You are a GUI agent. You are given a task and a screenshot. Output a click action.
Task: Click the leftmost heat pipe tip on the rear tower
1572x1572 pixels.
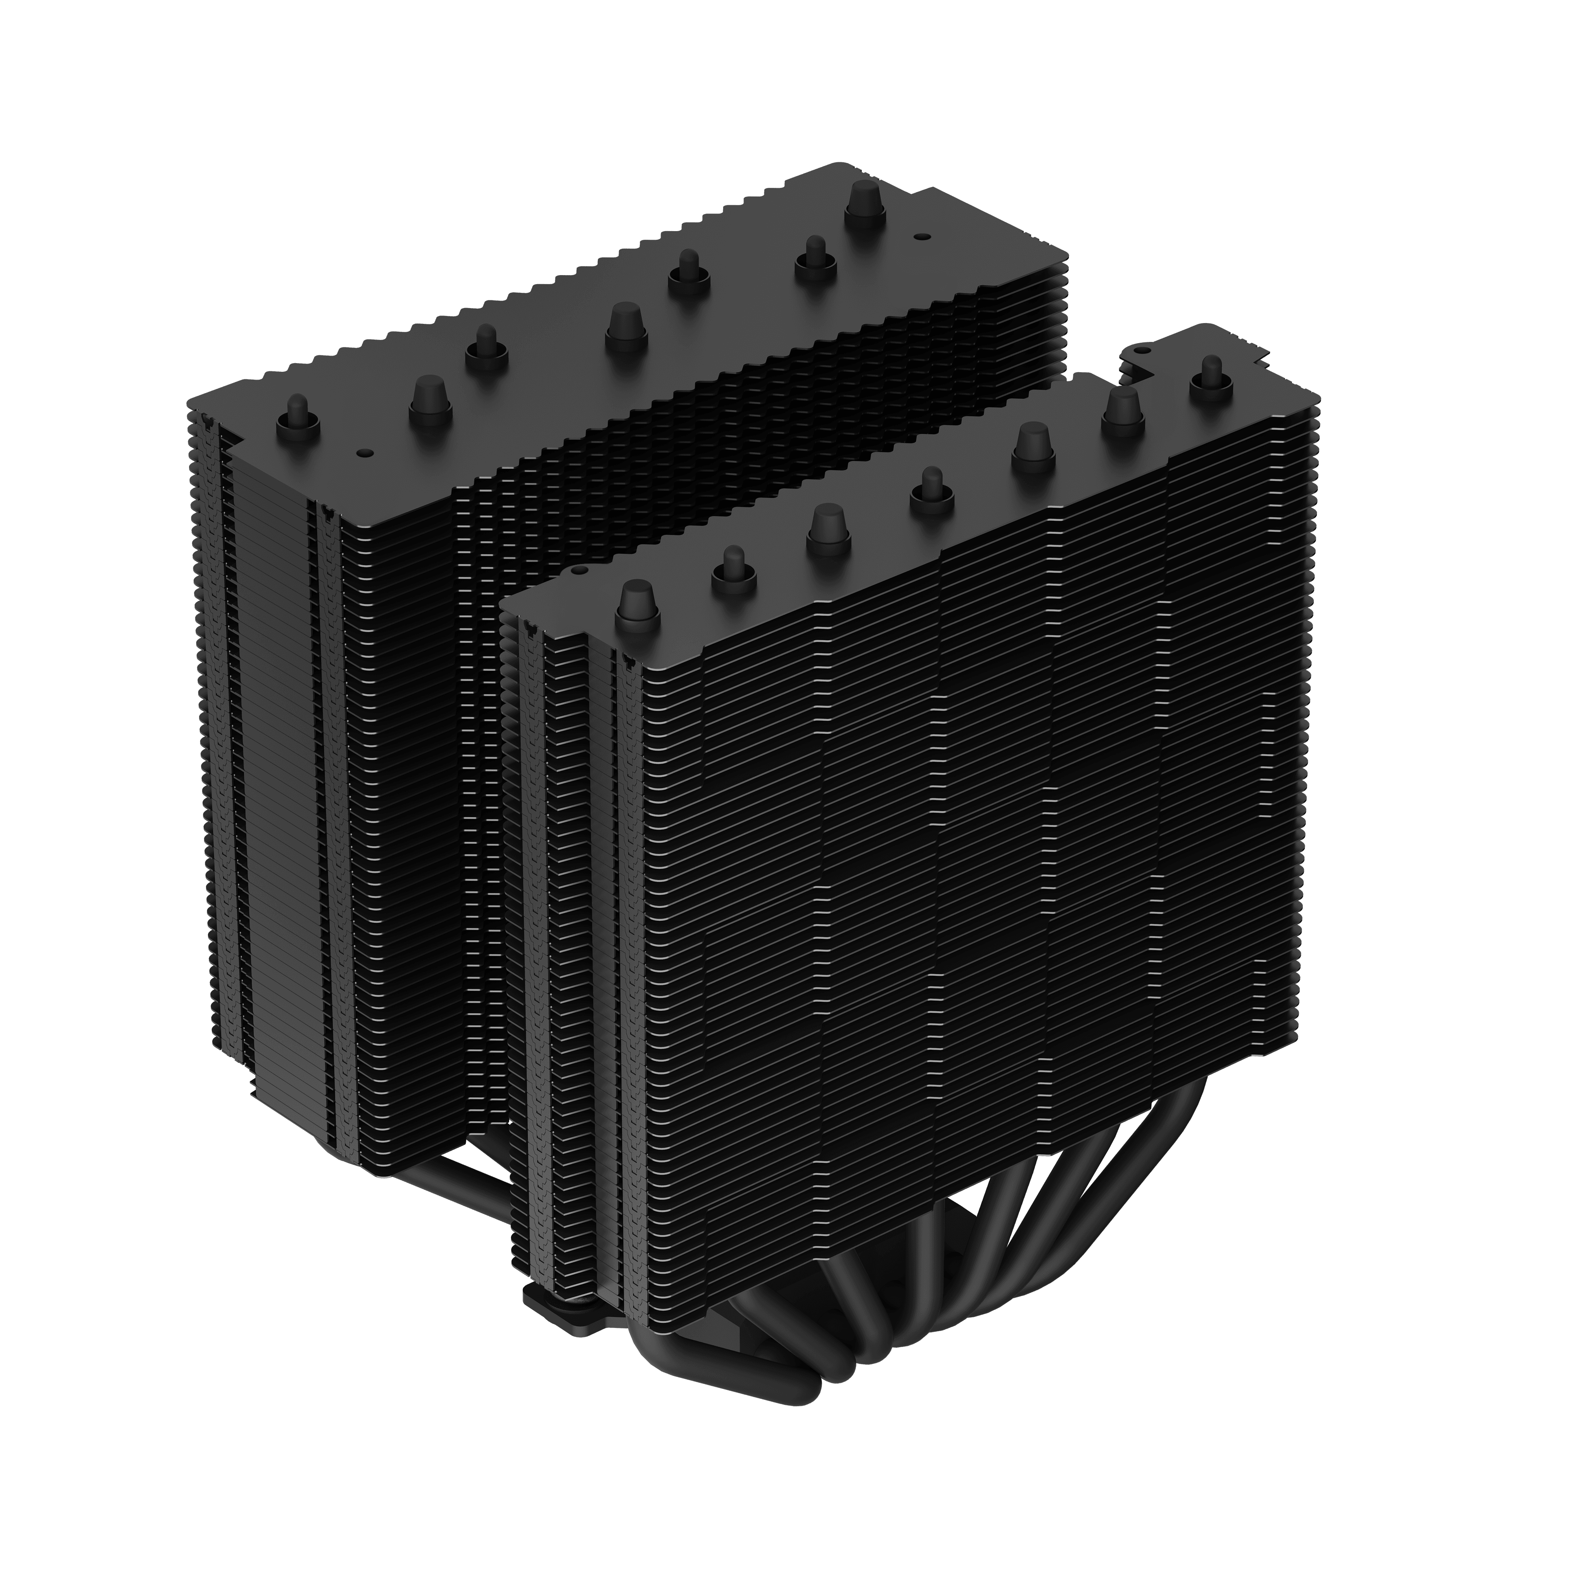click(298, 415)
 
